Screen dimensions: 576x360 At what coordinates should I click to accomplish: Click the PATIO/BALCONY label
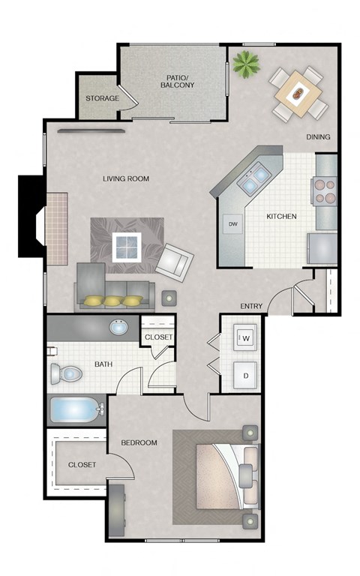pos(177,82)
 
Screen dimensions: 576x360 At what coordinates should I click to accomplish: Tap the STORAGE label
pos(102,99)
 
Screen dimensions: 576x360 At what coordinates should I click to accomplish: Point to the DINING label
pos(319,137)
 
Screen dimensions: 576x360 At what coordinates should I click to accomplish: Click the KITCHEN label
pos(281,217)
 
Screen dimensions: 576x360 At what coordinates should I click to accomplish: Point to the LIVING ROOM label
pos(126,178)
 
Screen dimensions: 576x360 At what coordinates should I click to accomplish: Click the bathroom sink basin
pos(117,328)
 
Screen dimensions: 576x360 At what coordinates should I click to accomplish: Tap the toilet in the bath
pos(66,373)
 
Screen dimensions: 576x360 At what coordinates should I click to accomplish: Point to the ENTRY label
pos(250,306)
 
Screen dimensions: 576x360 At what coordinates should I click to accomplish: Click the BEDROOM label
pos(139,442)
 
